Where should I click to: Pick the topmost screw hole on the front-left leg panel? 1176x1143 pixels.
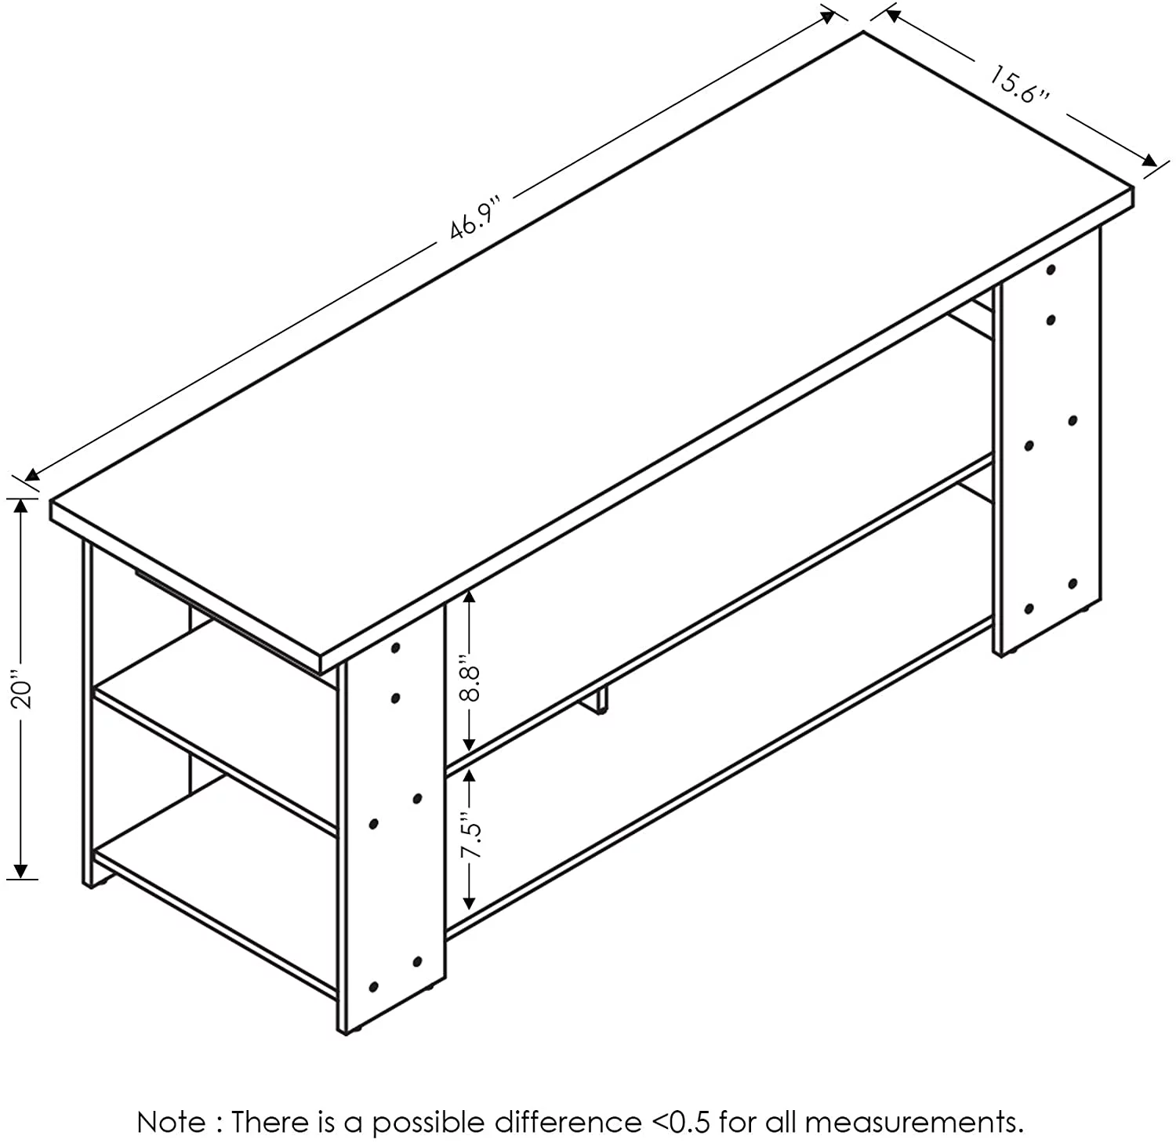click(x=395, y=648)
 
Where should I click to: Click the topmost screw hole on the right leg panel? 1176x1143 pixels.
click(x=1051, y=270)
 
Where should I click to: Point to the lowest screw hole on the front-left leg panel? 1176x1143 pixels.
click(x=373, y=986)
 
